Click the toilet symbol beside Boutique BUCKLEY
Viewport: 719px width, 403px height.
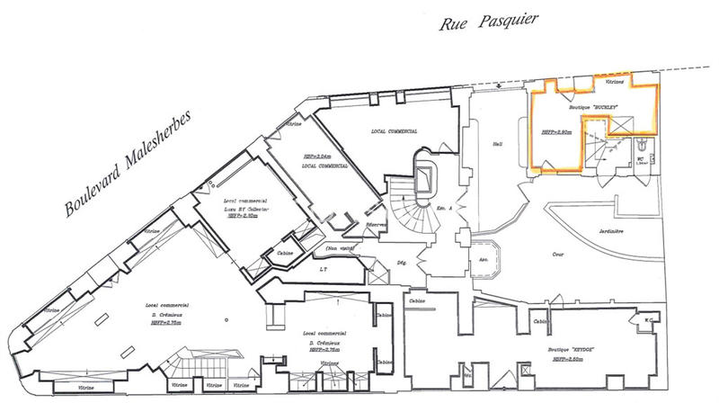coord(641,144)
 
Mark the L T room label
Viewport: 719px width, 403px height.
coord(322,270)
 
